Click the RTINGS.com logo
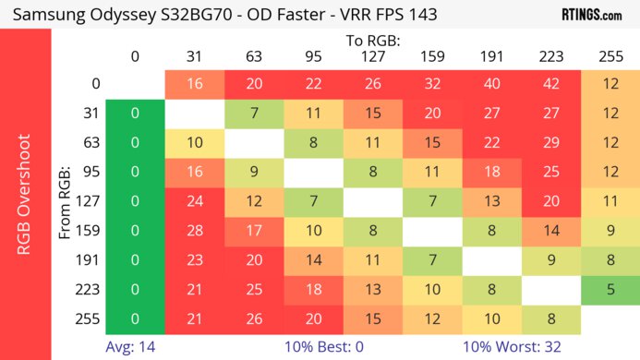tap(591, 14)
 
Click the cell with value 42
tap(550, 84)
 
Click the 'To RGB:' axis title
tap(372, 41)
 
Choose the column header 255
tap(610, 57)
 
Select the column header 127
tap(372, 57)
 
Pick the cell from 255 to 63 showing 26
tap(253, 320)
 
